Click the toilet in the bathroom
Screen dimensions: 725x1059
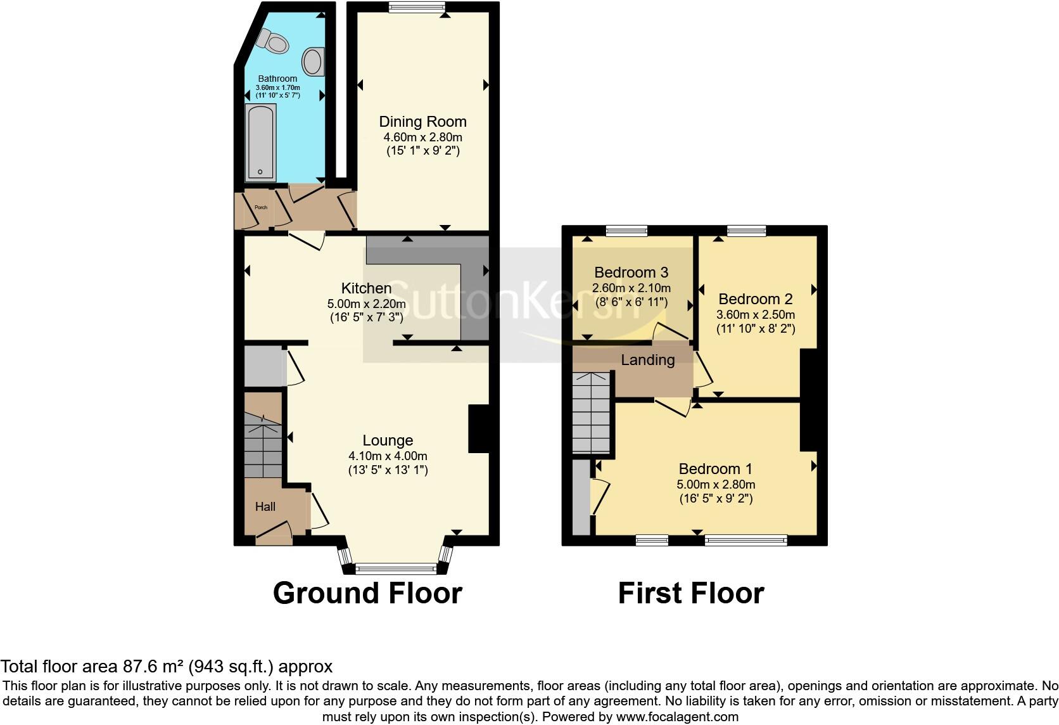point(273,42)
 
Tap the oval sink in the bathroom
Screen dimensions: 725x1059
point(312,61)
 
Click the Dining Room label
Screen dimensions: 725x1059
point(422,122)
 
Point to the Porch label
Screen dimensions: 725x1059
point(260,207)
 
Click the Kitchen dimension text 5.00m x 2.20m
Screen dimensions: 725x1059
point(366,304)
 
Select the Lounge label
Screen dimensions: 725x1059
point(388,440)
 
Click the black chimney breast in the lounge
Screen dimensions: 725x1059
point(478,428)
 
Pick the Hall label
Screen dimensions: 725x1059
point(265,506)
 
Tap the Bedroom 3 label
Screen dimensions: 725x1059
point(631,273)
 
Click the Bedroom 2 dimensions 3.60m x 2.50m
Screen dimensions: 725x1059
point(756,314)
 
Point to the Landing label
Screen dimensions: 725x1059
point(647,360)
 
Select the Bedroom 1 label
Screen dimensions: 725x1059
point(715,469)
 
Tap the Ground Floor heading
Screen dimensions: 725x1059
point(367,593)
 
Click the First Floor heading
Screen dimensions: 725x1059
point(690,593)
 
